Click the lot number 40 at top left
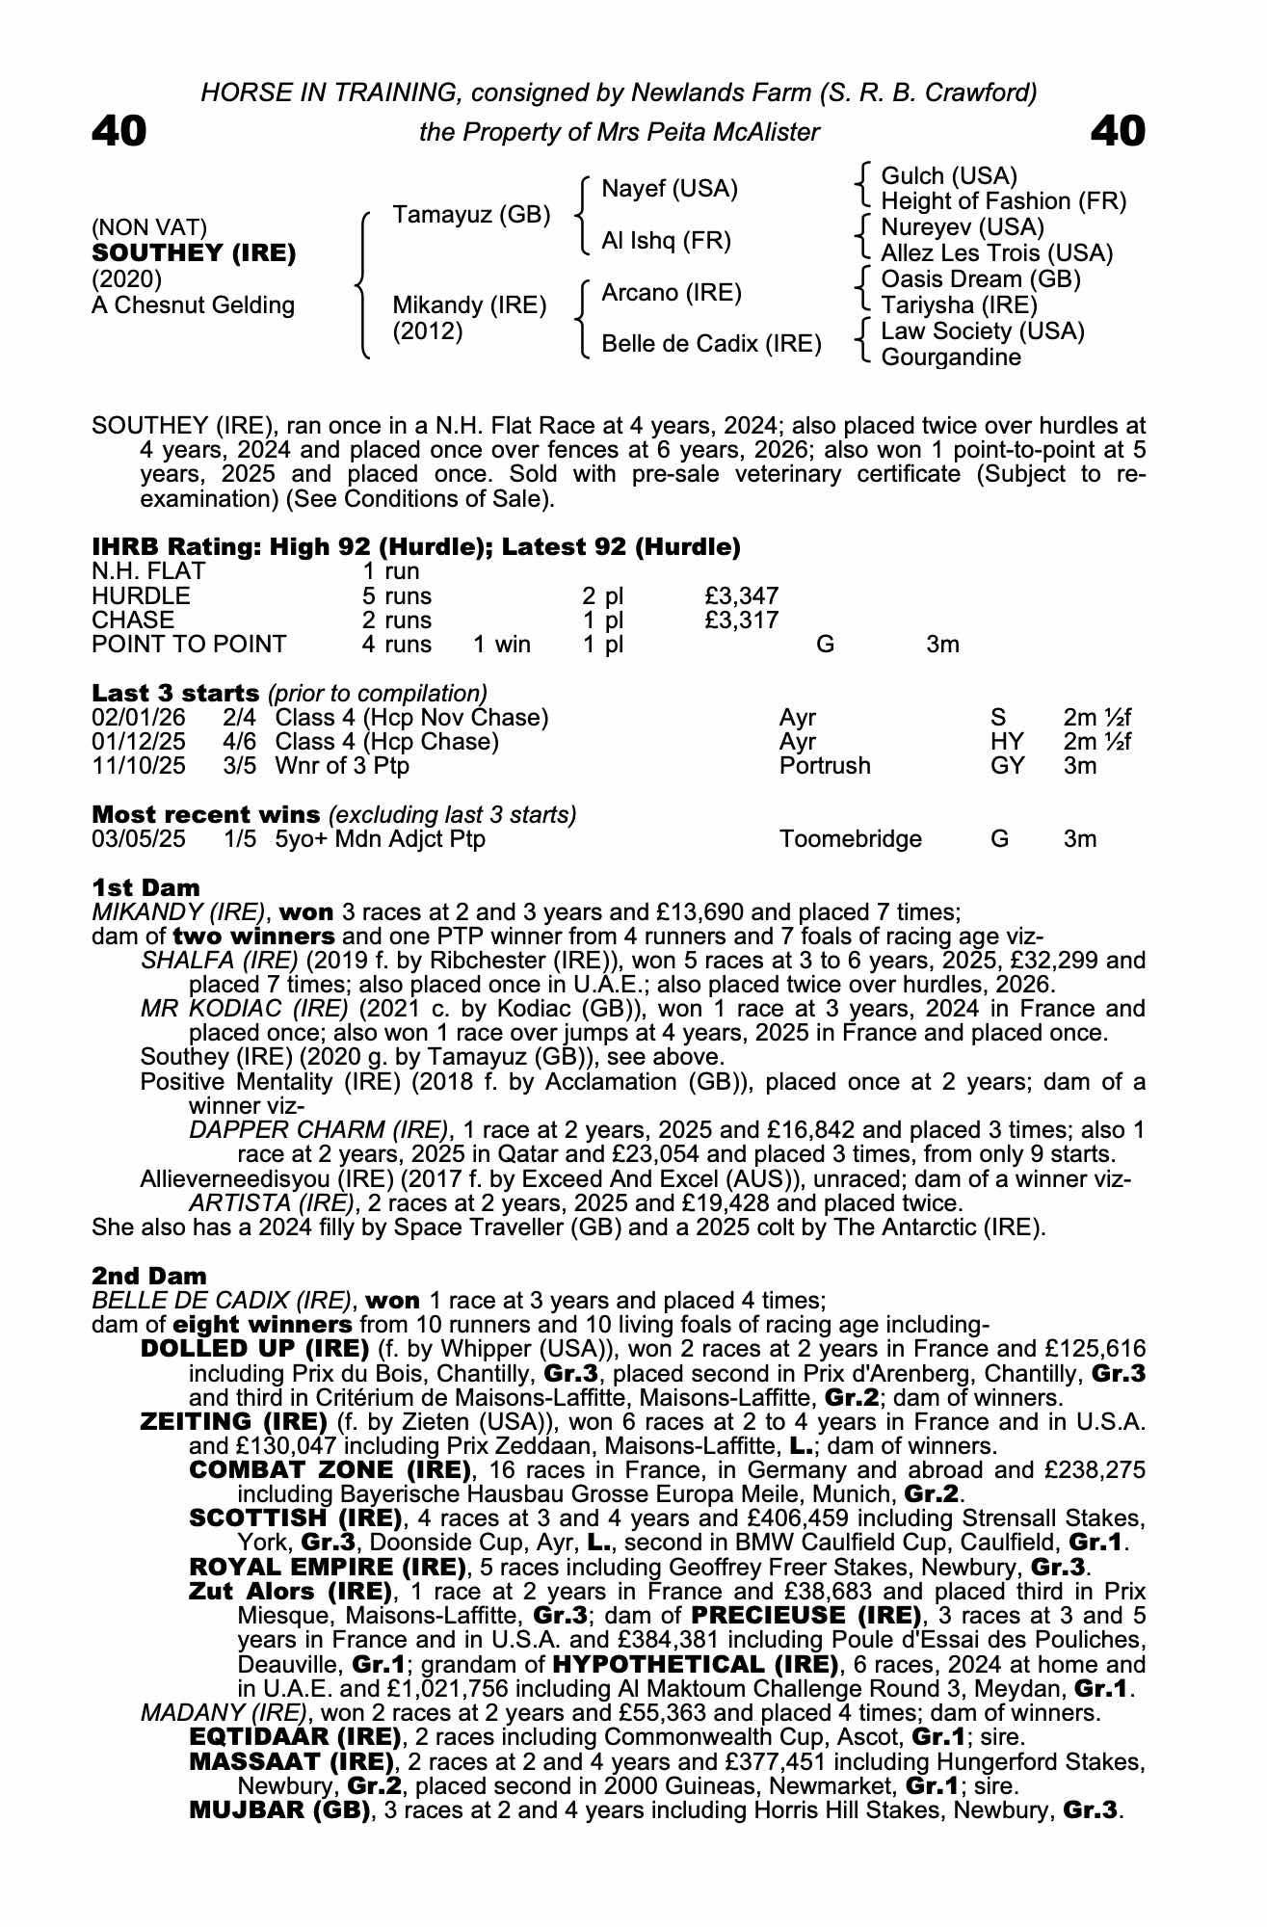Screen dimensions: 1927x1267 point(119,131)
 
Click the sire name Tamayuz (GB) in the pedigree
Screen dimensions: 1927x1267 point(471,214)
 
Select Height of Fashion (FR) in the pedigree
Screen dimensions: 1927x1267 point(1003,201)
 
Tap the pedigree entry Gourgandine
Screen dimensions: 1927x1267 point(950,357)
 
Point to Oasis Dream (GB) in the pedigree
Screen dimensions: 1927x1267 point(980,279)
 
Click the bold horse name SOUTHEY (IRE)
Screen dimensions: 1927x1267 point(194,253)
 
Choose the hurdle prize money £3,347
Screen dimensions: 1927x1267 point(741,596)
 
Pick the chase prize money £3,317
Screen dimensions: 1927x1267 point(741,620)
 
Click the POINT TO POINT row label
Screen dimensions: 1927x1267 point(189,645)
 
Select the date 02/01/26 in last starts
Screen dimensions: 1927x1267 point(139,718)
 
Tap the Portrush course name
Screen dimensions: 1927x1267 point(824,766)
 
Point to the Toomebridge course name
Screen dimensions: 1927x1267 point(850,839)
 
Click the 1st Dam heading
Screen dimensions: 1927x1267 point(145,887)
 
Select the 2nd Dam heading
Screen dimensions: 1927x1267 point(148,1276)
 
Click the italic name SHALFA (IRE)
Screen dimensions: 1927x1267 point(219,961)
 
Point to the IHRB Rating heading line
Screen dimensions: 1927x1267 point(416,547)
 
